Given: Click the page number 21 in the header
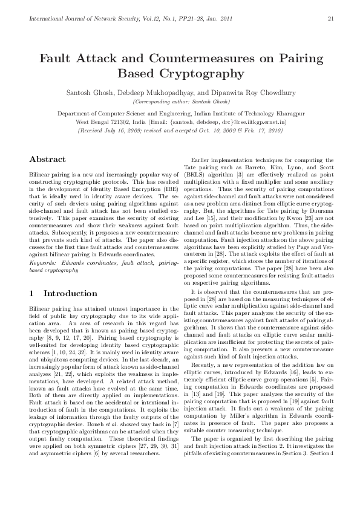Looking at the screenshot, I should [x=331, y=18].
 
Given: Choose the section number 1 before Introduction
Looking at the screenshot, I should [x=31, y=294].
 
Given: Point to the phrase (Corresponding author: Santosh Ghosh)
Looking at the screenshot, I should [x=180, y=102].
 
